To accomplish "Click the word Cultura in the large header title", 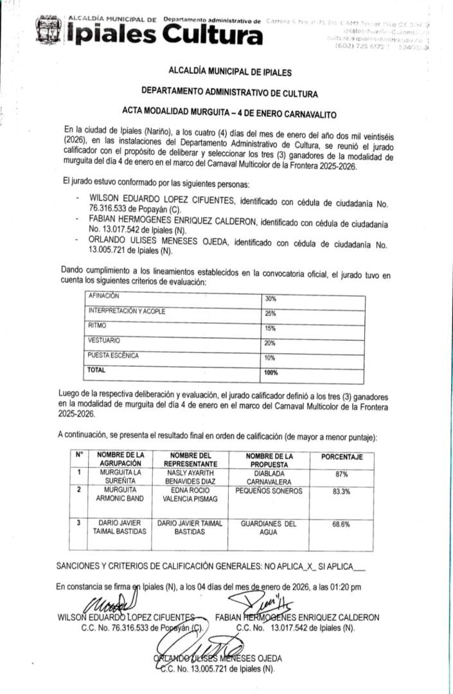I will [x=212, y=35].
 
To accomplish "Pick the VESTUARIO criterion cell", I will [x=104, y=341].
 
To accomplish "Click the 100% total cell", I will [x=272, y=373].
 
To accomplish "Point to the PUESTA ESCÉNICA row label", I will [x=114, y=355].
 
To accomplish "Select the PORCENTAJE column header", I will [x=337, y=457].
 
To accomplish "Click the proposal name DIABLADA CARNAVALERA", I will [x=268, y=477].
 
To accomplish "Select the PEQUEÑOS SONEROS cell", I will [x=268, y=490].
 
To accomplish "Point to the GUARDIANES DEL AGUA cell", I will [x=269, y=528].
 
